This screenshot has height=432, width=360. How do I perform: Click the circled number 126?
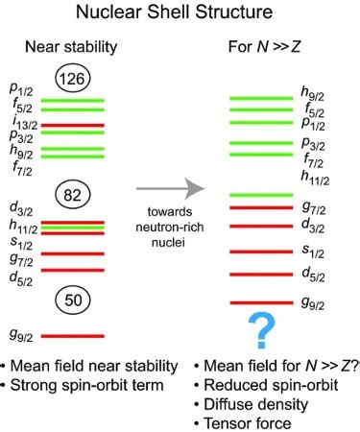(x=73, y=79)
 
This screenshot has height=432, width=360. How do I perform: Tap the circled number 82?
(x=73, y=195)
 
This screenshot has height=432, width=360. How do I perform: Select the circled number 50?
(x=73, y=300)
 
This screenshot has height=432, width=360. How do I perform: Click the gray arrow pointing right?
(x=170, y=188)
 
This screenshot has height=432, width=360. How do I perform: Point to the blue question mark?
(x=262, y=330)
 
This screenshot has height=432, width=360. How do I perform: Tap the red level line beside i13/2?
(x=73, y=126)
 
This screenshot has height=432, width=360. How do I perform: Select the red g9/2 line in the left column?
(x=73, y=336)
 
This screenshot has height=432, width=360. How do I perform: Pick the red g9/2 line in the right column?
(x=261, y=302)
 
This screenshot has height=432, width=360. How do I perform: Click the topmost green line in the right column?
(x=261, y=98)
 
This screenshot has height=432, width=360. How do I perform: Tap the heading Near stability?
(x=71, y=47)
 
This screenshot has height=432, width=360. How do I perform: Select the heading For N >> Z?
(x=265, y=47)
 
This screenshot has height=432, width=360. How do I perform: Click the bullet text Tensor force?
(x=248, y=423)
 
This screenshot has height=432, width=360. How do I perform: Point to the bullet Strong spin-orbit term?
(x=87, y=385)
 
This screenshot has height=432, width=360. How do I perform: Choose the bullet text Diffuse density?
(x=256, y=404)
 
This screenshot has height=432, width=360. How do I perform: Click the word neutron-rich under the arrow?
(x=170, y=228)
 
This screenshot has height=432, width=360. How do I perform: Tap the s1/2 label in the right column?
(x=313, y=251)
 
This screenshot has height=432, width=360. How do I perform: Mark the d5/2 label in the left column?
(x=21, y=278)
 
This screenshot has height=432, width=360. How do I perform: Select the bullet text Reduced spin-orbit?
(x=271, y=385)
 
